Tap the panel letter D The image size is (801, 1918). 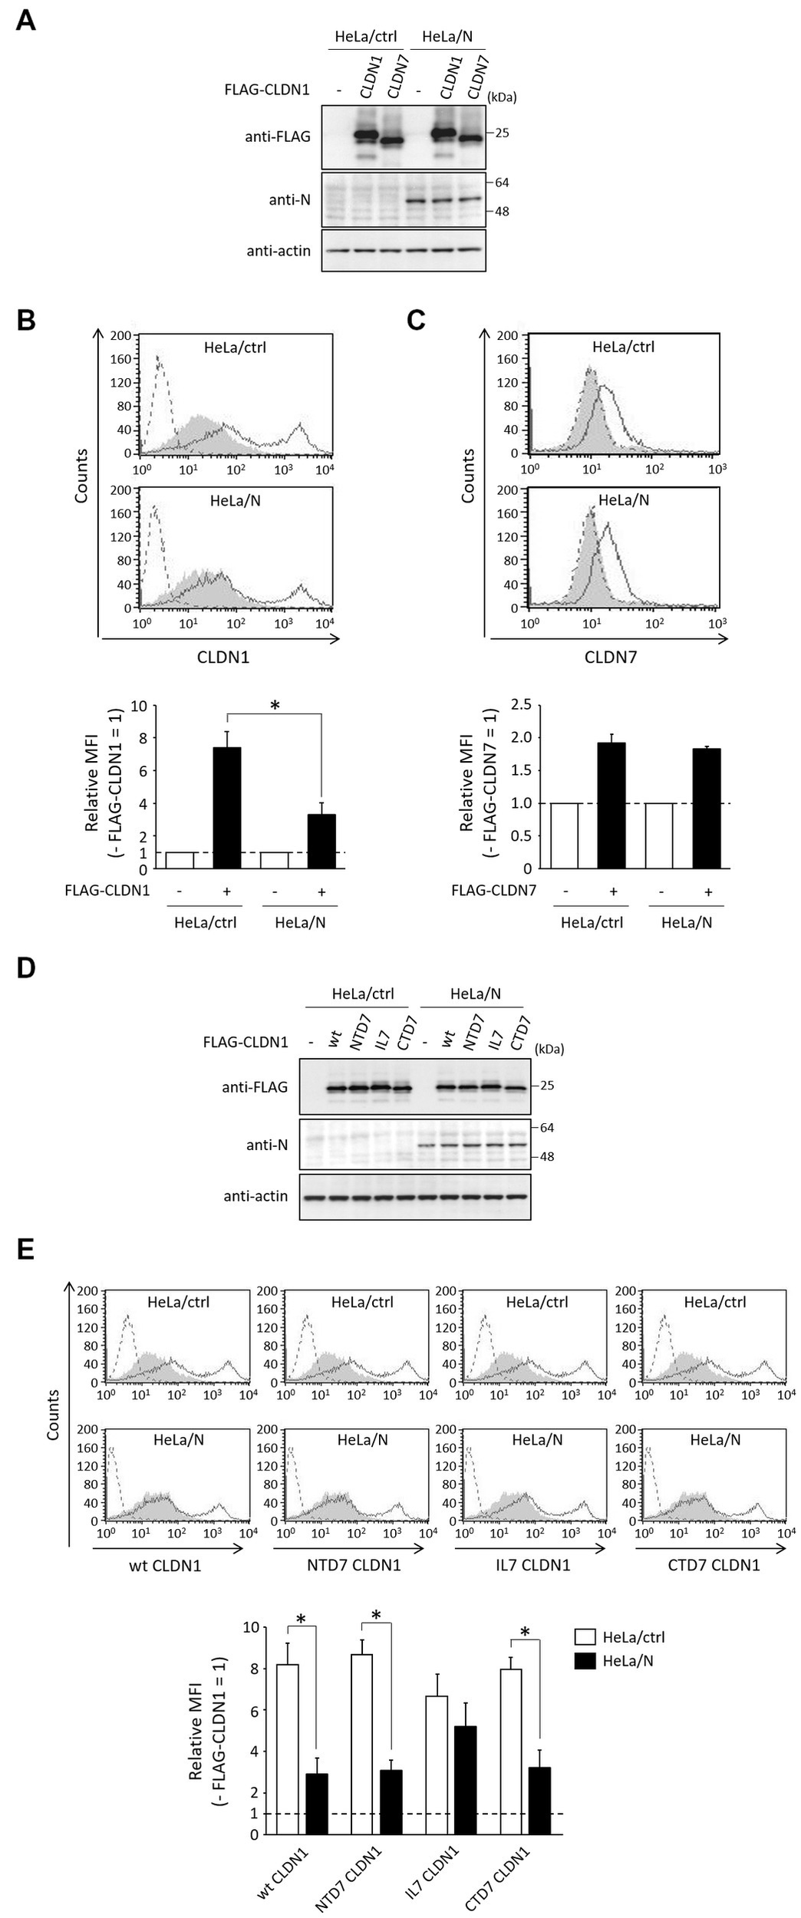click(26, 967)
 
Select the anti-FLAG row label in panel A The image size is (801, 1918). click(285, 137)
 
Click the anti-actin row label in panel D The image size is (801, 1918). click(256, 1195)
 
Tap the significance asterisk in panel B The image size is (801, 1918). click(275, 706)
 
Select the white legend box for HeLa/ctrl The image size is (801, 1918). click(585, 1637)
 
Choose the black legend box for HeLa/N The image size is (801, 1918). click(585, 1661)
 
